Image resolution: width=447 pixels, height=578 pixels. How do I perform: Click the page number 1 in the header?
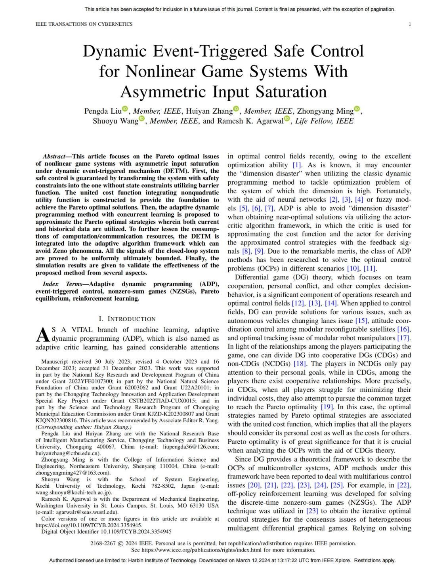(410, 24)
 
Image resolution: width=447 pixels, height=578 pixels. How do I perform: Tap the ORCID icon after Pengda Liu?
(125, 109)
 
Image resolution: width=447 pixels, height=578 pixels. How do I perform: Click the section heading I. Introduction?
(127, 319)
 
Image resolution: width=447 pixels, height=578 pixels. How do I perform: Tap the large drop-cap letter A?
(43, 335)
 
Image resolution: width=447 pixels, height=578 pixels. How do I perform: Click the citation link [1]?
(297, 165)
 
